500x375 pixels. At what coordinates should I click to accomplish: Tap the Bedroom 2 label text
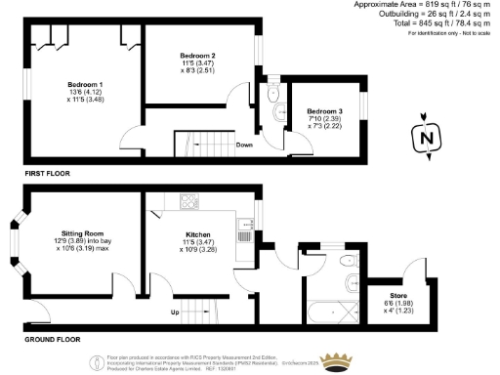coord(198,57)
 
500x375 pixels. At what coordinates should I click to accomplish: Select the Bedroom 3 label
coord(324,111)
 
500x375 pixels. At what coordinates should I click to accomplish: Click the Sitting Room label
coord(82,237)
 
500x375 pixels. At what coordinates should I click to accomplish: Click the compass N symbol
coord(424,139)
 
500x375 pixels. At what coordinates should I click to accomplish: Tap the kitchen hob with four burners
coord(188,202)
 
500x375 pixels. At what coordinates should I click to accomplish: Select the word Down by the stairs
coord(246,145)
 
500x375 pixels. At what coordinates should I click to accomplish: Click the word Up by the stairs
coord(176,312)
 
